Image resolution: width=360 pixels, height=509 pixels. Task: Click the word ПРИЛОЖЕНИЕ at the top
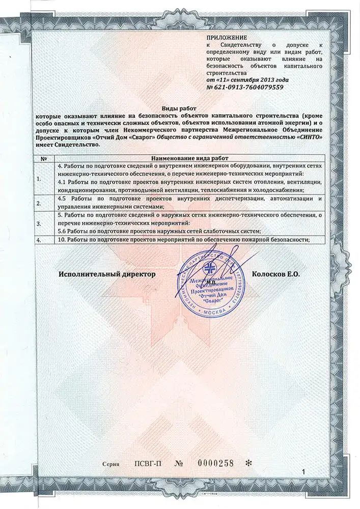pos(227,38)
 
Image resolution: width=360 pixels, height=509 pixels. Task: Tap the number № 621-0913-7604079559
pos(245,88)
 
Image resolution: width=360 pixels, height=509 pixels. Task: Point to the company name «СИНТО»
pos(307,137)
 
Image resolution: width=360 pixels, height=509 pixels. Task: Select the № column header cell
pos(43,159)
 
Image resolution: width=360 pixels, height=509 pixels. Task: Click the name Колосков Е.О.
pos(276,274)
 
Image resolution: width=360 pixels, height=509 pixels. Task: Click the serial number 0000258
pos(215,463)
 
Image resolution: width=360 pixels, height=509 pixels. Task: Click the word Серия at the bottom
pos(110,464)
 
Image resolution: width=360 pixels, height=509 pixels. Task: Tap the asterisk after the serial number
pos(248,463)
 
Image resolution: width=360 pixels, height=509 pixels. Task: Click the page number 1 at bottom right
pos(303,473)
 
